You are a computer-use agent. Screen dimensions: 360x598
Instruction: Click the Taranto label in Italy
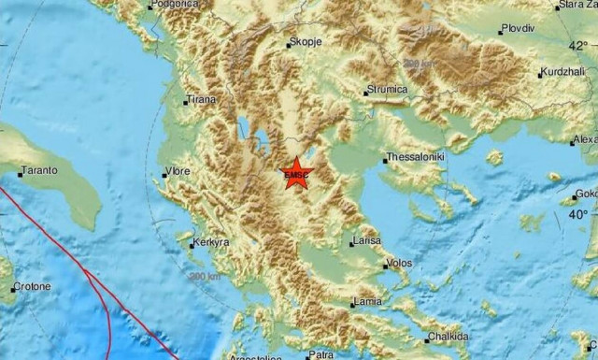[x=40, y=170]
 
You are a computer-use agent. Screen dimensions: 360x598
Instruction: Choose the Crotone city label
[x=33, y=286]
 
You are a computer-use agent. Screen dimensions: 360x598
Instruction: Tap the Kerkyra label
[x=211, y=243]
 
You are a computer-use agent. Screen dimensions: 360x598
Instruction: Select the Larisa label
[x=367, y=241]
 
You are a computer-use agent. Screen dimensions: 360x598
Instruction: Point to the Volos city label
[x=399, y=263]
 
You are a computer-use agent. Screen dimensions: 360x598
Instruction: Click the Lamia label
[x=367, y=301]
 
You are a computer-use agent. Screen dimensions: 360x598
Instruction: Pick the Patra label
[x=321, y=355]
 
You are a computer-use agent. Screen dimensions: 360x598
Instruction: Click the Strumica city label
[x=387, y=90]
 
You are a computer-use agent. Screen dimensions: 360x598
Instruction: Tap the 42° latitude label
[x=579, y=44]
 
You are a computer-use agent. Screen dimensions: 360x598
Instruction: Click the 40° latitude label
[x=579, y=214]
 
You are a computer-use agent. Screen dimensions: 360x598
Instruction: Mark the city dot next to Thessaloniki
[x=383, y=159]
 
